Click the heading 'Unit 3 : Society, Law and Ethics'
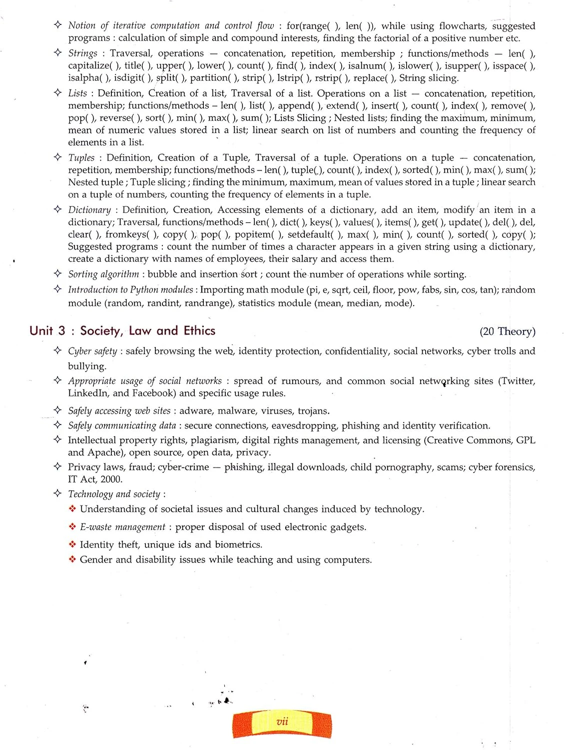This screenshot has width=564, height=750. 122,331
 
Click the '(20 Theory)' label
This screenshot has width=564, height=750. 507,331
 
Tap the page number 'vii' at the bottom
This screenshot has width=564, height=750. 282,721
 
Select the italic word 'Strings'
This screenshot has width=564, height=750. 83,53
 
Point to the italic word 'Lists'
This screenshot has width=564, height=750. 77,93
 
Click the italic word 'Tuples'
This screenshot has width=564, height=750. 81,158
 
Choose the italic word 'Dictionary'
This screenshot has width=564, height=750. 89,210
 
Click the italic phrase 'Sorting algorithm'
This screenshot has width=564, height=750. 103,274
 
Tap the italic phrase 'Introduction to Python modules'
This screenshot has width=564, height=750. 130,290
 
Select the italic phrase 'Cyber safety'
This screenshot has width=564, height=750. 92,351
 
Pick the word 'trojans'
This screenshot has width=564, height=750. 313,411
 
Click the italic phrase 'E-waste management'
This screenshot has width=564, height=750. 122,527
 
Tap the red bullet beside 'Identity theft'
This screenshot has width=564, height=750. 72,544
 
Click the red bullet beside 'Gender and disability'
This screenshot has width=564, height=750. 72,559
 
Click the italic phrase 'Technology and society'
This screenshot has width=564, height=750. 114,494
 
